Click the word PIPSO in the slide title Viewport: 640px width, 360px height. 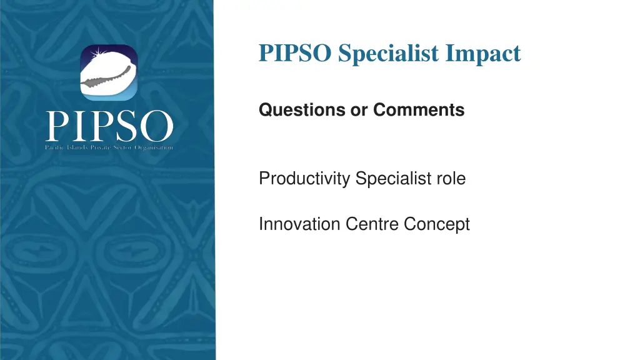[x=296, y=54]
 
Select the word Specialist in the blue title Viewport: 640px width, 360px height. [x=388, y=54]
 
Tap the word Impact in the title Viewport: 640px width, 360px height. [x=482, y=54]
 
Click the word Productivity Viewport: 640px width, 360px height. [x=304, y=179]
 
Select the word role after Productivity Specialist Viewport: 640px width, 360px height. [x=451, y=179]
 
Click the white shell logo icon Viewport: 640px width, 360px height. [x=109, y=74]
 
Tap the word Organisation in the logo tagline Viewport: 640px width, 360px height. [x=154, y=147]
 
